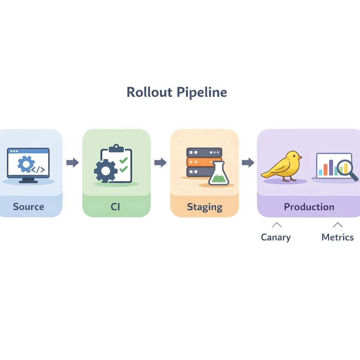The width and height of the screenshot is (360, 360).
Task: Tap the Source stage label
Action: pos(28,206)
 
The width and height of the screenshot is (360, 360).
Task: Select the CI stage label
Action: pos(115,207)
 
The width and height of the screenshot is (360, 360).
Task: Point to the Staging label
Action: pos(205,207)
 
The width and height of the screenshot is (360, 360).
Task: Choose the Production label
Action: pos(309,207)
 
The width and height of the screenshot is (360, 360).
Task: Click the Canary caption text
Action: pos(276,237)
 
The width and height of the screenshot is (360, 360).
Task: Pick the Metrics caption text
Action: pos(337,237)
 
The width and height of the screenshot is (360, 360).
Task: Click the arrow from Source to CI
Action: pos(72,162)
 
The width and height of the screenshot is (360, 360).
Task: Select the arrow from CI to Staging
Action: pos(160,162)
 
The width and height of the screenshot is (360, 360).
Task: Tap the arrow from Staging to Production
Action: pos(248,162)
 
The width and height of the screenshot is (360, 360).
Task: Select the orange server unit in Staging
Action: pos(204,162)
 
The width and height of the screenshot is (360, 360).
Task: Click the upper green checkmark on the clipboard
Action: pos(123,161)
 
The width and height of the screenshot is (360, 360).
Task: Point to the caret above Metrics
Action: pos(337,225)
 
